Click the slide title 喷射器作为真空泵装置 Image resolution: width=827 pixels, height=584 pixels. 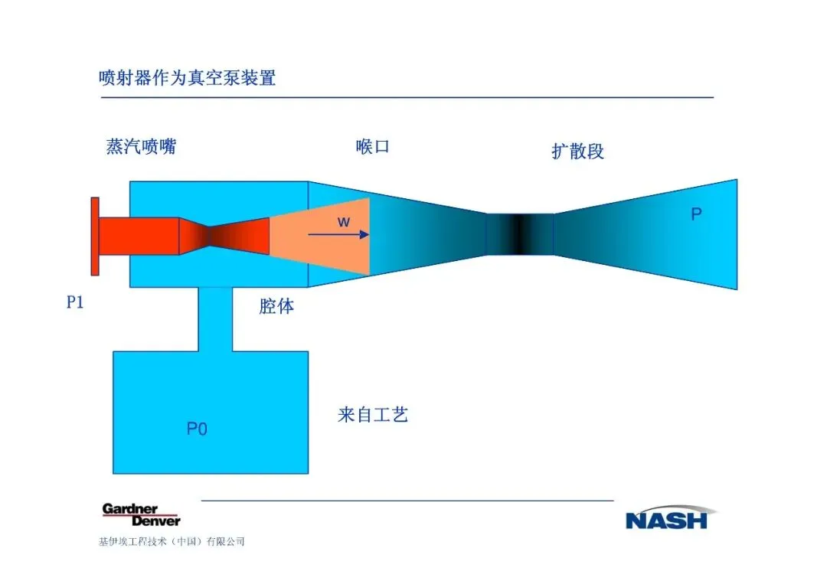pos(187,77)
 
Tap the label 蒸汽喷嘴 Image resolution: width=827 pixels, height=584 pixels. pos(141,146)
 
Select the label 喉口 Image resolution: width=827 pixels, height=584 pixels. pos(373,146)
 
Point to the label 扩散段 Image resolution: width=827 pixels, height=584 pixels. pos(578,151)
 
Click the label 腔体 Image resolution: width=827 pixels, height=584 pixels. pos(276,308)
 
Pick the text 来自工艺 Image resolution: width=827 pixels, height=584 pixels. pos(373,416)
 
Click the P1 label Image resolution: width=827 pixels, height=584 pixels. pos(74,303)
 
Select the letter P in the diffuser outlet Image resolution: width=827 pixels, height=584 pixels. pos(696,215)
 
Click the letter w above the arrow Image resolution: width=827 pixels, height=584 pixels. pos(344,222)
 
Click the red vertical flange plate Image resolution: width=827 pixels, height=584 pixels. pos(95,236)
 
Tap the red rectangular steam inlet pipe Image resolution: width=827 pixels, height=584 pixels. pos(139,236)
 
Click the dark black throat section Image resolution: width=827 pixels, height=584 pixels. pos(520,234)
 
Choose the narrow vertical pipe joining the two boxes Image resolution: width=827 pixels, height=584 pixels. pos(215,319)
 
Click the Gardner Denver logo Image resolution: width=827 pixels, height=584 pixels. pos(141,515)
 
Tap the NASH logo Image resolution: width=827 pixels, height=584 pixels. pos(666,518)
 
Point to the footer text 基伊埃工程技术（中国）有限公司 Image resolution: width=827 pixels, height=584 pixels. pos(172,542)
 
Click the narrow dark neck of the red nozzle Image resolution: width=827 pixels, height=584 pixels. pos(208,236)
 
